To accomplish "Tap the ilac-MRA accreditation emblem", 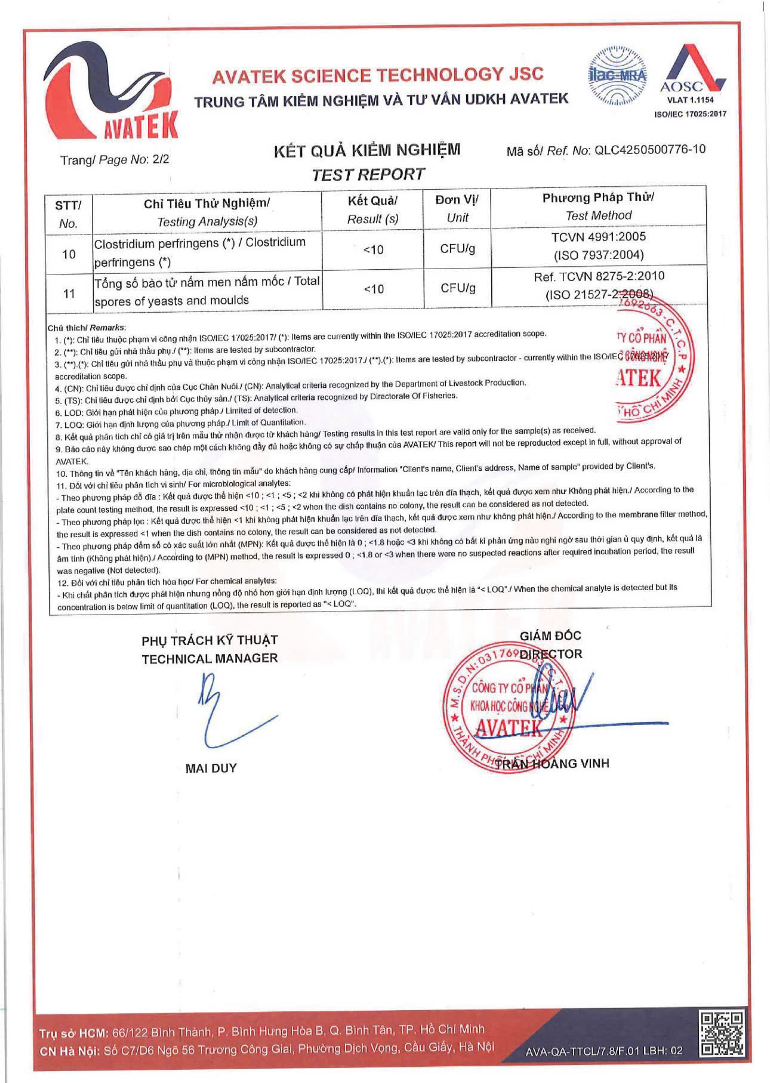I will click(x=617, y=76).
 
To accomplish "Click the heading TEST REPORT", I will click(x=368, y=175).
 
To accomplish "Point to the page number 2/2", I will click(x=161, y=159).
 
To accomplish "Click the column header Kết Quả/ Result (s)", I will click(x=372, y=209).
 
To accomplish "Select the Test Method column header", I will click(x=598, y=206).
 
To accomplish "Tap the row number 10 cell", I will click(x=69, y=254).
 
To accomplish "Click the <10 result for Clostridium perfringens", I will click(x=374, y=250).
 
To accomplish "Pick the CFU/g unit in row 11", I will click(x=458, y=288).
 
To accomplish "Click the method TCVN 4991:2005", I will click(x=598, y=237).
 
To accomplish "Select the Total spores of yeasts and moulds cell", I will click(x=207, y=291).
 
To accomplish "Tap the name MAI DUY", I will click(x=211, y=769).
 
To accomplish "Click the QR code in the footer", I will click(x=722, y=1033).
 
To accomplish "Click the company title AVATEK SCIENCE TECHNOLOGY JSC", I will click(x=378, y=75).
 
